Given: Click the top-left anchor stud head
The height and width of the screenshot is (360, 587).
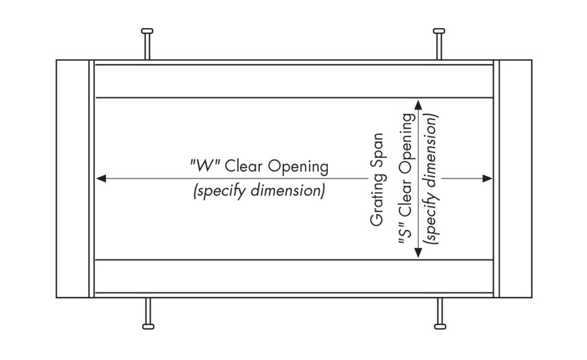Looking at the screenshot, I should [x=147, y=30].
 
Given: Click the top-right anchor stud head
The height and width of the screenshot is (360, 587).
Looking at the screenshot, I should [x=439, y=30].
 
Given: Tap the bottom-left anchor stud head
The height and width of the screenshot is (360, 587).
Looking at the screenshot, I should [x=147, y=327].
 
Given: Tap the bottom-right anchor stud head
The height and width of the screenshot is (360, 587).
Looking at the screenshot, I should [x=440, y=327].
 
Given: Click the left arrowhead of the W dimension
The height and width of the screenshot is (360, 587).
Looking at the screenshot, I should [x=101, y=179].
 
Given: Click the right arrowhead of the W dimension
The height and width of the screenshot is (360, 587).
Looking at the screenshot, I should [x=488, y=179].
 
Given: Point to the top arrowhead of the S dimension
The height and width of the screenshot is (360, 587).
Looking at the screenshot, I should [x=418, y=104].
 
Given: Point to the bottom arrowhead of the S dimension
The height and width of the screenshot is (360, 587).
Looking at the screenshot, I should [x=418, y=253].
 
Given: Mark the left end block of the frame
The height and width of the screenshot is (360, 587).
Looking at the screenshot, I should [x=72, y=179].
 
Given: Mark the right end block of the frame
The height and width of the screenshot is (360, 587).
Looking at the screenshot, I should [x=516, y=179].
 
